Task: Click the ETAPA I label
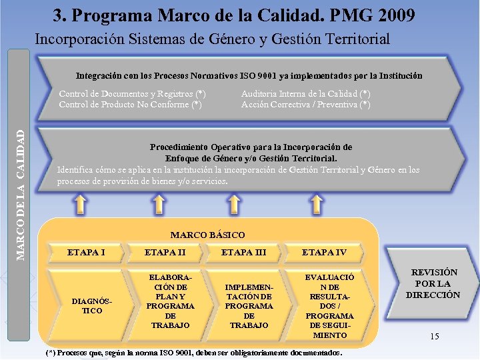point(87,252)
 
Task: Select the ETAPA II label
point(165,252)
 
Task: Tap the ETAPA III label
point(243,252)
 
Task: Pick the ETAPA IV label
point(324,252)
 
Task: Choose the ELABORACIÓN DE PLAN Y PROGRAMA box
point(171,301)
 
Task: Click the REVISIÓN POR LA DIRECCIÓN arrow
point(434,283)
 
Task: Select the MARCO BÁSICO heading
point(207,235)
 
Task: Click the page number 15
point(434,336)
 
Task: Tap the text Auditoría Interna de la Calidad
point(306,94)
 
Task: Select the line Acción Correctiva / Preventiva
point(306,104)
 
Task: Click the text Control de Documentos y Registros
point(132,94)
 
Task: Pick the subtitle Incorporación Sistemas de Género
point(212,39)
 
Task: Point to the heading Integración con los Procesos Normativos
point(249,75)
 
